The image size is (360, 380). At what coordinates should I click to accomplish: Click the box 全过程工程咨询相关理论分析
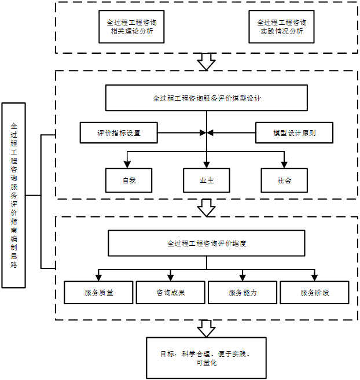coord(132,27)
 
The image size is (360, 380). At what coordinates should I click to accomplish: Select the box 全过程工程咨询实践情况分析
coord(281,27)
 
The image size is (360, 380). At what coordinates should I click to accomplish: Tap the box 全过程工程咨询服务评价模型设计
coord(207,98)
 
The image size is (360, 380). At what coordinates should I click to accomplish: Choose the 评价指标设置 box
coord(119,132)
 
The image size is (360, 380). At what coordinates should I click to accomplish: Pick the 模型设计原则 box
coord(295,132)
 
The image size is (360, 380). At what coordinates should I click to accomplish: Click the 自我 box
coord(128,180)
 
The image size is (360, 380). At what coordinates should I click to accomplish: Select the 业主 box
coord(207,180)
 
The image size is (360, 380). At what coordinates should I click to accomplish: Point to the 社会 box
coord(284,180)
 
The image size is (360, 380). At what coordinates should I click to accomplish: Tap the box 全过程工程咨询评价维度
coord(207,243)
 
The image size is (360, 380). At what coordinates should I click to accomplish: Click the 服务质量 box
coord(98,293)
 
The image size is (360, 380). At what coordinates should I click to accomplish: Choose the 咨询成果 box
coord(171,293)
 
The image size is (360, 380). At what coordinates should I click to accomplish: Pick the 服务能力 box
coord(243,293)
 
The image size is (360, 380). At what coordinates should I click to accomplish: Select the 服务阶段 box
coord(315,293)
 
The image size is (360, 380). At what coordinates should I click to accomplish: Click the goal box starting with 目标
coord(206,358)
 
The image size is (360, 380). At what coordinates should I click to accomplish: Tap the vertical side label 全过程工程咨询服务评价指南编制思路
coord(14,195)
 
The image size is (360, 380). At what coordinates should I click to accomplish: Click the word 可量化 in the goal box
coord(206,363)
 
